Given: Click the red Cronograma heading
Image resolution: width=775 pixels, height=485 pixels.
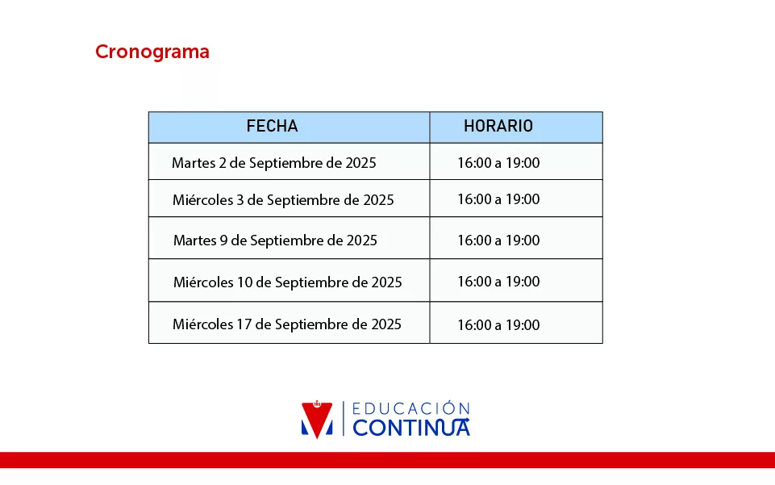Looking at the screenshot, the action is click(152, 52).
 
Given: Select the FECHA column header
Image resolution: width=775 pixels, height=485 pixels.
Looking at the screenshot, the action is click(272, 126).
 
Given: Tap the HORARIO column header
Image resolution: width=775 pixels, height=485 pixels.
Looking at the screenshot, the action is click(498, 126).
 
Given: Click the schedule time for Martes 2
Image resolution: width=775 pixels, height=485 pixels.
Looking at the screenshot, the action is click(498, 163).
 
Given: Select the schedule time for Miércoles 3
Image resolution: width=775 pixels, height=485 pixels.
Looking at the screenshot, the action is click(498, 199).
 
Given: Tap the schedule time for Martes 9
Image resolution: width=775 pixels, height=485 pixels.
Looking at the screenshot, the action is click(498, 240).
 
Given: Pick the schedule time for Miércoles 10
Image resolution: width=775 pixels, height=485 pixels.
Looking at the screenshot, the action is click(498, 282).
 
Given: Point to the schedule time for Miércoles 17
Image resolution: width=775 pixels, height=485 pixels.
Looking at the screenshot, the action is click(498, 325).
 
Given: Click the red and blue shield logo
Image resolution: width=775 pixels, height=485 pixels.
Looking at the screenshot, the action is click(317, 420).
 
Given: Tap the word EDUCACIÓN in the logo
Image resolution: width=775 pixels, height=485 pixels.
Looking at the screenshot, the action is click(410, 408).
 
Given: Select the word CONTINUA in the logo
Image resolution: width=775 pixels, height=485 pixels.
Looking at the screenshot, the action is click(411, 428).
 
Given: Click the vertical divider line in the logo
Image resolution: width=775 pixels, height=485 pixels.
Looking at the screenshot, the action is click(344, 419).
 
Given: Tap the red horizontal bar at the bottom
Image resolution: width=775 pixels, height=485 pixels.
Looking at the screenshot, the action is click(387, 460).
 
